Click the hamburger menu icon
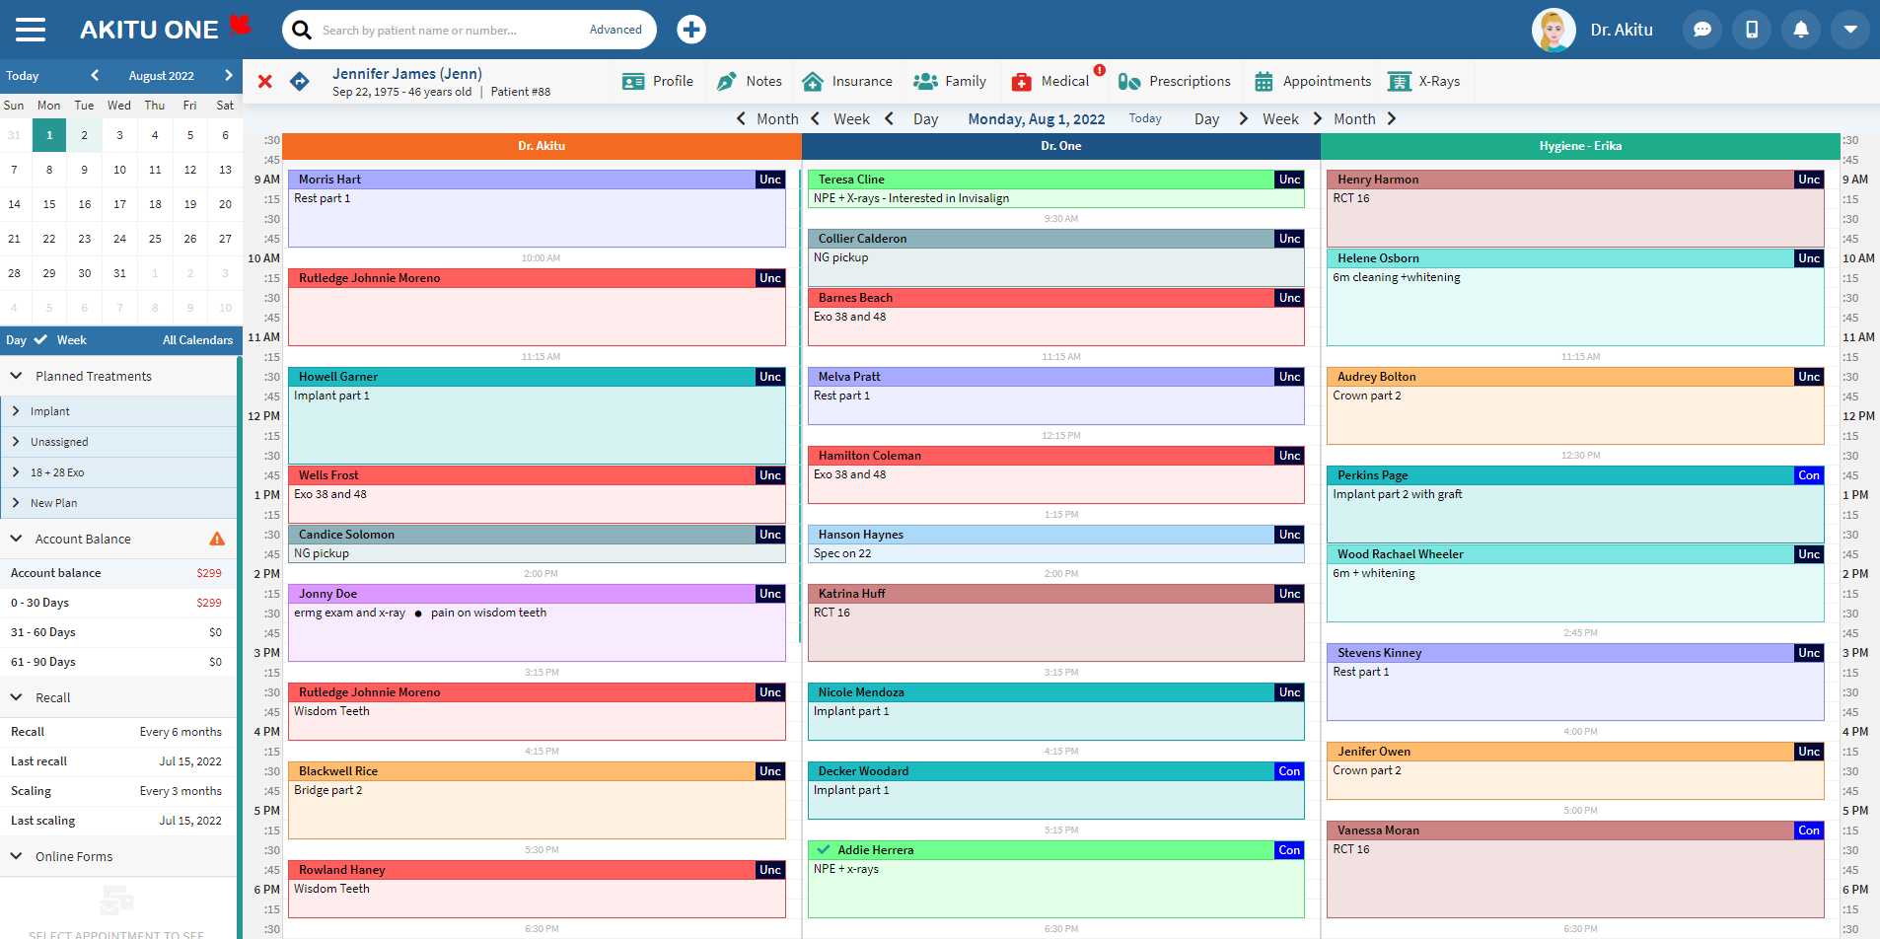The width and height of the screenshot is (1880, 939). pyautogui.click(x=31, y=30)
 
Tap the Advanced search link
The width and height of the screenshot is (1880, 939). pyautogui.click(x=615, y=30)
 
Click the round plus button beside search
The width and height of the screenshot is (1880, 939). pyautogui.click(x=691, y=30)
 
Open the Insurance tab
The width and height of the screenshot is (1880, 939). pyautogui.click(x=847, y=82)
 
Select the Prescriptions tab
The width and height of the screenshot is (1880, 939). pyautogui.click(x=1175, y=82)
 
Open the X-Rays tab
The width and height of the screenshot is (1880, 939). pyautogui.click(x=1424, y=82)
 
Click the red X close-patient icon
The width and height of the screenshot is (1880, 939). pyautogui.click(x=264, y=82)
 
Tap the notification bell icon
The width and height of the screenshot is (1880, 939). pyautogui.click(x=1800, y=30)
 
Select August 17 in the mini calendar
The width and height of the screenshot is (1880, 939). pyautogui.click(x=119, y=204)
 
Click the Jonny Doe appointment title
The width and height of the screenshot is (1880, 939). pyautogui.click(x=328, y=594)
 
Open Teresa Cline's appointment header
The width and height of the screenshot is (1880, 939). pyautogui.click(x=851, y=180)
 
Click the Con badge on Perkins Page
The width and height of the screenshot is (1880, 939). pyautogui.click(x=1808, y=475)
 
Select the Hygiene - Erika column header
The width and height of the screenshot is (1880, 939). pyautogui.click(x=1580, y=146)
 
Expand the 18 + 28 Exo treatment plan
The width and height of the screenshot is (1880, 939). pyautogui.click(x=57, y=472)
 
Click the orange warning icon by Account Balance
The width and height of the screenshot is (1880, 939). pyautogui.click(x=217, y=539)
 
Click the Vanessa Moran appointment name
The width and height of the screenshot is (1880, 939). pyautogui.click(x=1378, y=831)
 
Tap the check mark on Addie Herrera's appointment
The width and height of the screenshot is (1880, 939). pyautogui.click(x=824, y=849)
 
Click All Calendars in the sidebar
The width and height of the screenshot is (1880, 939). pyautogui.click(x=197, y=340)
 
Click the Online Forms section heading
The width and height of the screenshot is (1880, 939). pyautogui.click(x=74, y=856)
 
